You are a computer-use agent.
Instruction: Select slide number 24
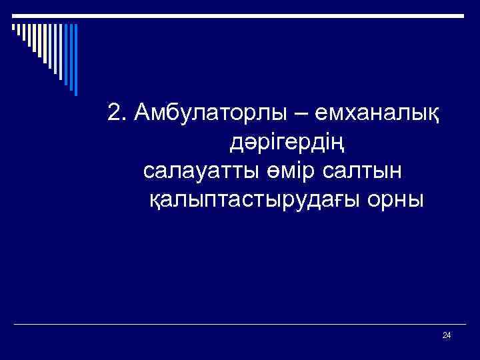pos(447,335)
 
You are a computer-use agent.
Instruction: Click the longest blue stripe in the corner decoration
pos(75,60)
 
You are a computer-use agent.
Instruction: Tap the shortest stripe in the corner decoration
pos(13,28)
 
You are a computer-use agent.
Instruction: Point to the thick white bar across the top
pos(240,15)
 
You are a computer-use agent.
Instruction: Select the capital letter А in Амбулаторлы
pos(140,113)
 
